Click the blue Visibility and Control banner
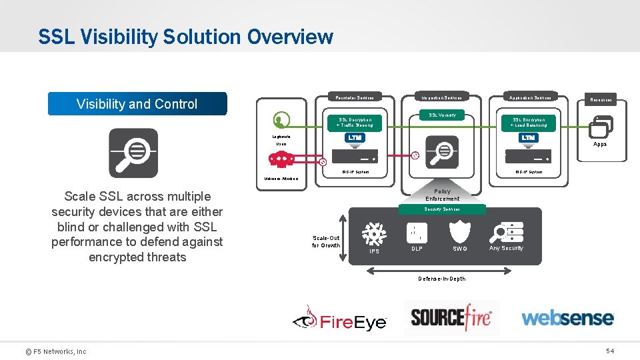click(137, 103)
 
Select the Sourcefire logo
click(451, 317)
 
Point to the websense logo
click(567, 317)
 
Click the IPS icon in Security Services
click(374, 234)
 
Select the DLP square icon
click(417, 233)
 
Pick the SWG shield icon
click(460, 231)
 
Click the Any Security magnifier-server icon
click(506, 231)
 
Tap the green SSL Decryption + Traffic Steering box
click(355, 122)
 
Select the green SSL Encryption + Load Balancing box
click(529, 122)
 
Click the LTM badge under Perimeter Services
click(355, 137)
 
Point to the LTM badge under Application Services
click(528, 137)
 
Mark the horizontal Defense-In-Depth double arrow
click(441, 270)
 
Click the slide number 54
click(609, 351)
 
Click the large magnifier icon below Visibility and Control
click(133, 153)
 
